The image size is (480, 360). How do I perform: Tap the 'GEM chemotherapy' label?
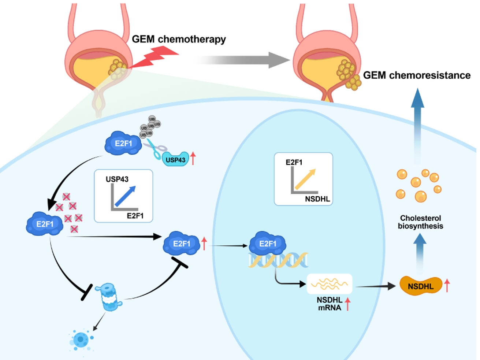pyautogui.click(x=179, y=39)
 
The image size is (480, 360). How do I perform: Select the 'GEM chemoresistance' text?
pyautogui.click(x=417, y=75)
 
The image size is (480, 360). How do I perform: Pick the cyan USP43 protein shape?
pyautogui.click(x=175, y=159)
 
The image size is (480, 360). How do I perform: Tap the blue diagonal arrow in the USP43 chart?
pyautogui.click(x=125, y=196)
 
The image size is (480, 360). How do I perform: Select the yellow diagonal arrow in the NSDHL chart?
pyautogui.click(x=305, y=179)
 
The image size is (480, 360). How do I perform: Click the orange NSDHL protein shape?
pyautogui.click(x=420, y=286)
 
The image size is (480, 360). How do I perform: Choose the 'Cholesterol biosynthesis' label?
pyautogui.click(x=420, y=222)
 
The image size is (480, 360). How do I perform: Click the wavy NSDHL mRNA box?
pyautogui.click(x=329, y=284)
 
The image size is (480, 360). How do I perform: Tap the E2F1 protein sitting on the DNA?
pyautogui.click(x=268, y=243)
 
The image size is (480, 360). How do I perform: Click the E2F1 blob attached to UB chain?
pyautogui.click(x=123, y=143)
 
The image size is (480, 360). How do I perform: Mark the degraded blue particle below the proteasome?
pyautogui.click(x=81, y=339)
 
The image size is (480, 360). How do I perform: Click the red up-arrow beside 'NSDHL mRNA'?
pyautogui.click(x=347, y=304)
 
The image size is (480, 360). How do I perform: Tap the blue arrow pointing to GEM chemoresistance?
pyautogui.click(x=417, y=125)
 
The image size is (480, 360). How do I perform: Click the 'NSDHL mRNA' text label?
pyautogui.click(x=329, y=304)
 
